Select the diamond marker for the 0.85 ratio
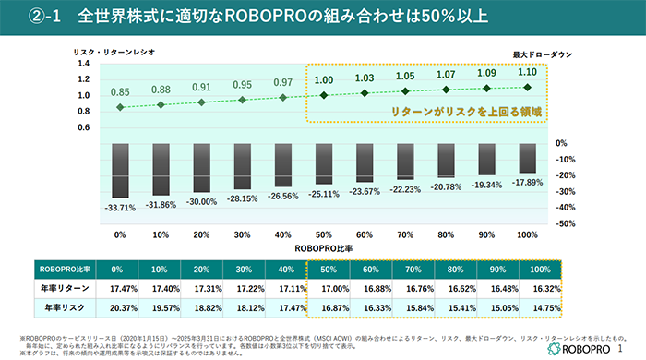(x=119, y=107)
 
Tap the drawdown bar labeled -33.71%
(x=119, y=170)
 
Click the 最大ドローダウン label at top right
(x=542, y=55)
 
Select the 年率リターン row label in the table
(x=61, y=288)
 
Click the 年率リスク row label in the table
(x=61, y=306)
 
